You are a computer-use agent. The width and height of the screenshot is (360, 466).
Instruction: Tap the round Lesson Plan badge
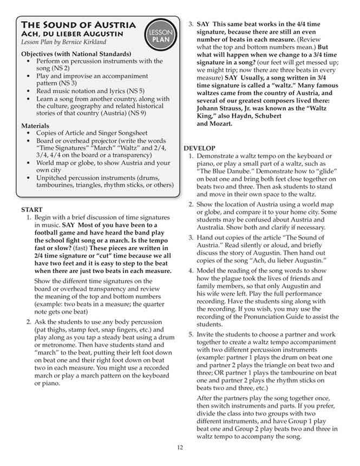point(160,36)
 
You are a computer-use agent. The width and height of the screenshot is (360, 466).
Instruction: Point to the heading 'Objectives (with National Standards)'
point(76,54)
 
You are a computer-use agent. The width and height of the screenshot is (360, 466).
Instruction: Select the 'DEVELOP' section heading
point(200,148)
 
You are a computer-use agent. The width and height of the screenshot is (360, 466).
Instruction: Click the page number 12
point(180,447)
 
